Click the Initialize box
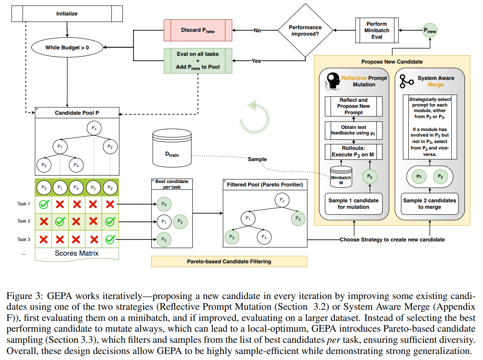(67, 14)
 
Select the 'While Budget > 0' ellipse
(67, 47)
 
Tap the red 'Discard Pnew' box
(198, 30)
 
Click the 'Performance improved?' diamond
(306, 31)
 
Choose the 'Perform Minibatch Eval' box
(377, 31)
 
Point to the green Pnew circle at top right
(429, 31)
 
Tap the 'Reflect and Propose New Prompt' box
(353, 107)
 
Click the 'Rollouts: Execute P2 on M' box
(353, 151)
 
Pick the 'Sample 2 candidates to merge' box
(429, 204)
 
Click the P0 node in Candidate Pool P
(94, 128)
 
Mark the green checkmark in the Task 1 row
(43, 204)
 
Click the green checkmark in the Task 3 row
(110, 239)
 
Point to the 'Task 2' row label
(24, 221)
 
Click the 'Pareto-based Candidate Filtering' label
(229, 261)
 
